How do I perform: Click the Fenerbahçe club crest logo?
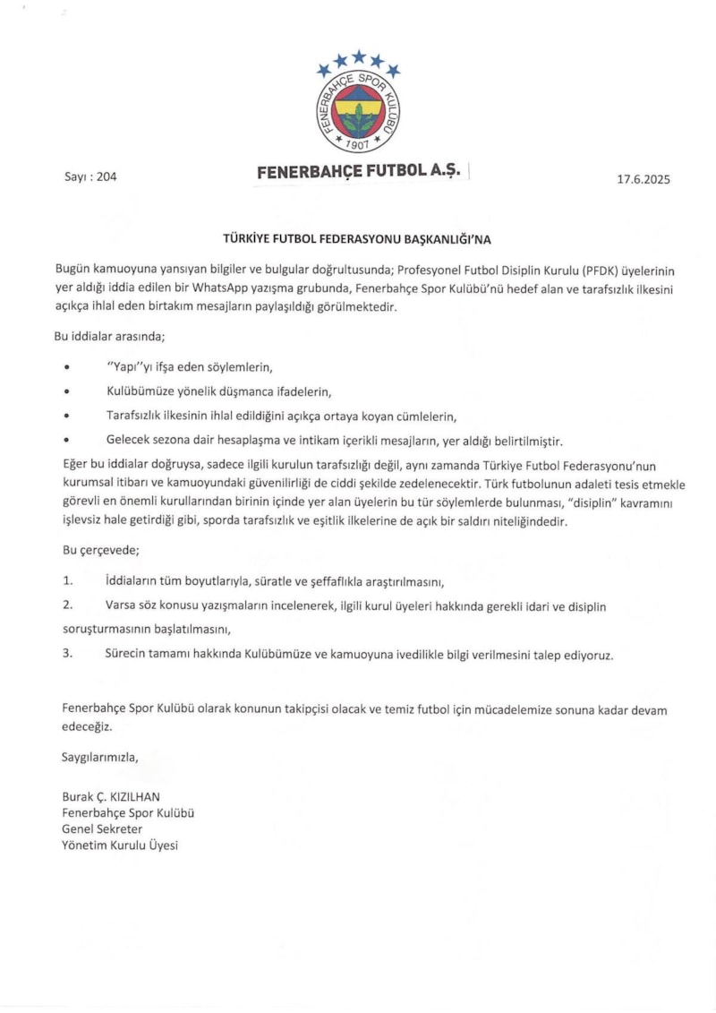pyautogui.click(x=358, y=111)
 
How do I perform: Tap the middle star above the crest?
pyautogui.click(x=358, y=57)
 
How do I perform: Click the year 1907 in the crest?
pyautogui.click(x=358, y=144)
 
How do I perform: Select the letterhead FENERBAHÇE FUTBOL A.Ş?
pyautogui.click(x=358, y=172)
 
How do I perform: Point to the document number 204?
pyautogui.click(x=107, y=176)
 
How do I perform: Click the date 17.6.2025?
pyautogui.click(x=643, y=179)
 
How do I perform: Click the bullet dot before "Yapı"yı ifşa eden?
pyautogui.click(x=67, y=368)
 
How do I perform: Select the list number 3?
pyautogui.click(x=67, y=655)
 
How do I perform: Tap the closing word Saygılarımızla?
pyautogui.click(x=101, y=758)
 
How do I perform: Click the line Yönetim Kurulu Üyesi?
pyautogui.click(x=120, y=845)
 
